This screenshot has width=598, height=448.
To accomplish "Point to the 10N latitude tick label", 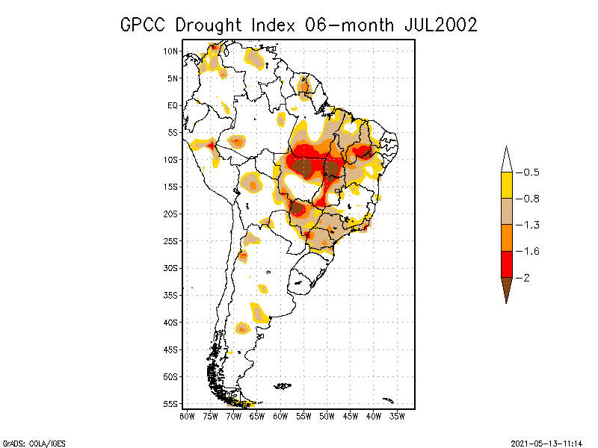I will click(171, 51).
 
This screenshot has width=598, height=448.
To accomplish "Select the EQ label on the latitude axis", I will click(173, 105).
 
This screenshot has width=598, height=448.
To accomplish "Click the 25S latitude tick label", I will click(171, 240).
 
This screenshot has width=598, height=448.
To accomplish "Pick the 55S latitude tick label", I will click(171, 403).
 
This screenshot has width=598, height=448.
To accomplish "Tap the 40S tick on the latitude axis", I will click(171, 322).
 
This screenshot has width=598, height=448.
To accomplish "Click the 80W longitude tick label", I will click(187, 416).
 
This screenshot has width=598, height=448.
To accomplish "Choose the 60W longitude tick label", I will click(281, 416).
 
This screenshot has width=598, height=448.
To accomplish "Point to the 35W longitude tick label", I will click(397, 416).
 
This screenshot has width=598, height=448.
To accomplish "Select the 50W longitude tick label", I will click(327, 416).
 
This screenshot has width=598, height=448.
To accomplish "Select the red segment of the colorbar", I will click(506, 264).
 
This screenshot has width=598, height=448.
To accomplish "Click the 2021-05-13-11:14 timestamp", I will click(546, 442).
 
